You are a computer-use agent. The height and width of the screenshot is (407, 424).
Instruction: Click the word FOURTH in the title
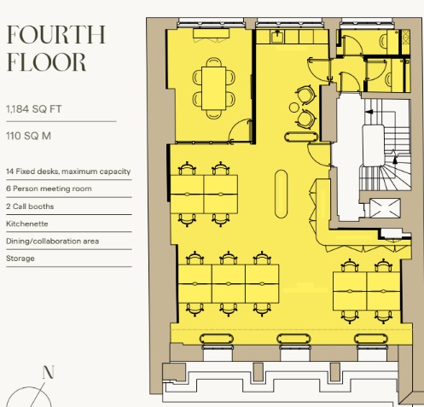56,34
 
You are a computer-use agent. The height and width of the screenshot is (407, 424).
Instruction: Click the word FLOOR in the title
46,62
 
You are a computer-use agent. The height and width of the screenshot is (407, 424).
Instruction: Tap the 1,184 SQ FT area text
34,109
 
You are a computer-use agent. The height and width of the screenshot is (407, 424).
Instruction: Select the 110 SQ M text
28,136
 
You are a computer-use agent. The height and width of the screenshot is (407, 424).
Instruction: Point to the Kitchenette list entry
27,224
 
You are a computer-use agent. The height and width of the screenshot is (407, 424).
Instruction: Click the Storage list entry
20,259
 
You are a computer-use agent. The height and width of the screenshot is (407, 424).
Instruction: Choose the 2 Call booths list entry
30,206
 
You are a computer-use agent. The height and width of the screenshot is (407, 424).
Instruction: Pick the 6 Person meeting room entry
49,189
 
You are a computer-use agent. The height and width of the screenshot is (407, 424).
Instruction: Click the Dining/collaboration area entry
53,241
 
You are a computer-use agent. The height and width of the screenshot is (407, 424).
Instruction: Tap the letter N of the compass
48,372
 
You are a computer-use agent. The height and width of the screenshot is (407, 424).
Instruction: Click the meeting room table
214,88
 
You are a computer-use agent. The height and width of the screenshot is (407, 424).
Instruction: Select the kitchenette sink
277,37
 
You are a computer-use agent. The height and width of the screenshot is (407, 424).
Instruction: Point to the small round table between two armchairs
294,108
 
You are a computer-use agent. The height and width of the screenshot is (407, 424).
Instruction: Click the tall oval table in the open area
282,194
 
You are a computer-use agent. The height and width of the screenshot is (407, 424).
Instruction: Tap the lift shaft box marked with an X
385,208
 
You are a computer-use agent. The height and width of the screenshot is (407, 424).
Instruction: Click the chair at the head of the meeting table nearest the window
214,62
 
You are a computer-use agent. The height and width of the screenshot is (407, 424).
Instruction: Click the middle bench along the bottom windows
293,339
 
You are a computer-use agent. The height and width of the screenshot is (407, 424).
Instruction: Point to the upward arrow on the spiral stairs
395,160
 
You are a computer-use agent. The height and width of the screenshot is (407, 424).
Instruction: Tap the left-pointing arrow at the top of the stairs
369,112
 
